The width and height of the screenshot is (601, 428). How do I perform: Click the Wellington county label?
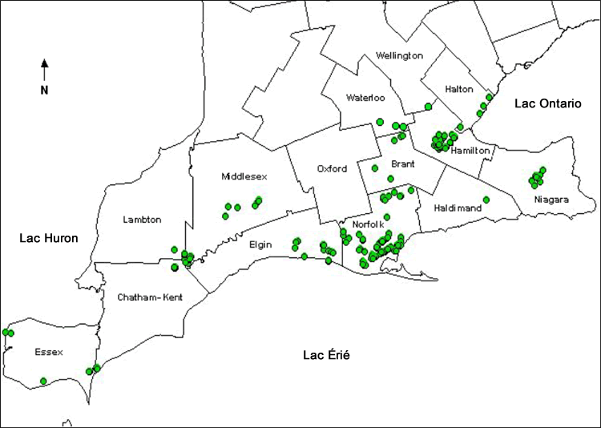pyautogui.click(x=399, y=55)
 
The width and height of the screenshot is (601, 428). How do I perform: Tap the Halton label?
pyautogui.click(x=460, y=89)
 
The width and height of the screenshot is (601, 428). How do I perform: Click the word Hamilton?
pyautogui.click(x=470, y=150)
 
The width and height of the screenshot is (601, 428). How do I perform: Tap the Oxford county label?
pyautogui.click(x=332, y=169)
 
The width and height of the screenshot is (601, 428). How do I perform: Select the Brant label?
pyautogui.click(x=403, y=164)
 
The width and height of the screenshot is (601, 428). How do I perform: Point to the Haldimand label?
pyautogui.click(x=458, y=208)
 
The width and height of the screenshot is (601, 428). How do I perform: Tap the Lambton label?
pyautogui.click(x=143, y=220)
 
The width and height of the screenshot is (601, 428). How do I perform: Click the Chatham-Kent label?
pyautogui.click(x=150, y=297)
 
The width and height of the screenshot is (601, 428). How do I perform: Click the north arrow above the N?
pyautogui.click(x=45, y=68)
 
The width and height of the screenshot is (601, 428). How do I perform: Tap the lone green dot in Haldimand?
pyautogui.click(x=486, y=200)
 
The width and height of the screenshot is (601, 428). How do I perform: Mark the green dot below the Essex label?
pyautogui.click(x=43, y=381)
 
